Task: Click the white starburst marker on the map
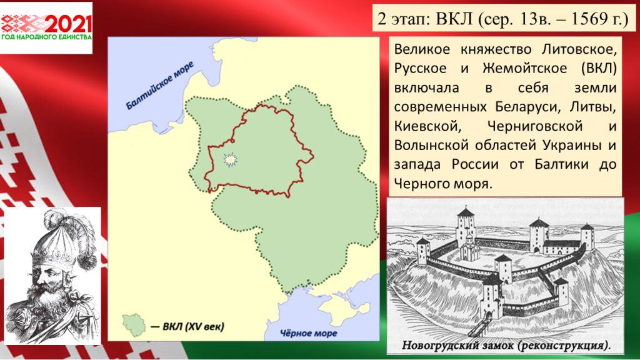(x=230, y=159)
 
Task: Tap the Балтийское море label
(x=159, y=86)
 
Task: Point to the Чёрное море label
(x=309, y=333)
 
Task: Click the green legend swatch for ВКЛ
(x=134, y=325)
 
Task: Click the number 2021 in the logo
(x=67, y=24)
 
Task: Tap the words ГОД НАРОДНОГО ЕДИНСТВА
(x=46, y=37)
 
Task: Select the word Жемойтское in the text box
(x=524, y=68)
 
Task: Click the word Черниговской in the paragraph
(x=535, y=126)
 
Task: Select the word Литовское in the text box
(x=579, y=49)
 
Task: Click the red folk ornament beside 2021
(x=22, y=24)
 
